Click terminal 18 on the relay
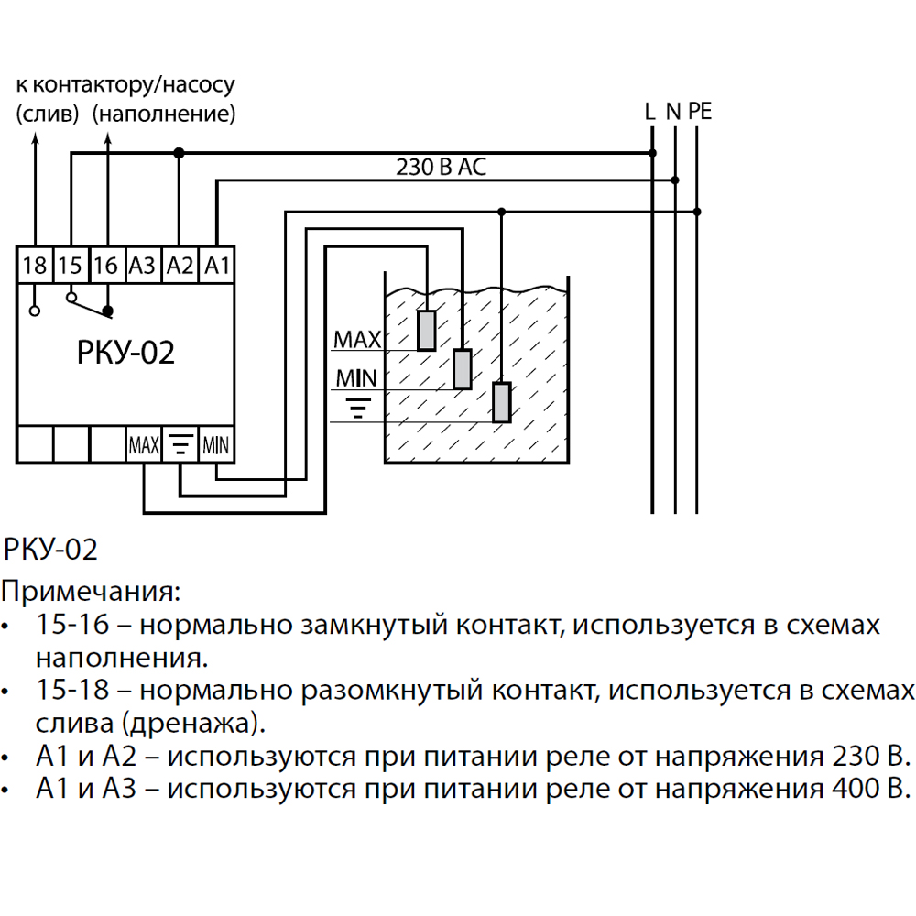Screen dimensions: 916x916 (x=35, y=266)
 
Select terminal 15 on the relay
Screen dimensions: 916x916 (x=71, y=266)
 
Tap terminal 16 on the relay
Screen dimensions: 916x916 (x=107, y=266)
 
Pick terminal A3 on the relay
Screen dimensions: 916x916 (x=143, y=266)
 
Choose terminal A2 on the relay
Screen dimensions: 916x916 (x=180, y=266)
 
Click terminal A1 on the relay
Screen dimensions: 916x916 (x=217, y=266)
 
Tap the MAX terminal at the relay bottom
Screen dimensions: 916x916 (x=144, y=445)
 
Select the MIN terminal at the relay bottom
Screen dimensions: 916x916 (x=216, y=445)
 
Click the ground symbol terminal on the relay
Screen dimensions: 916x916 (x=180, y=445)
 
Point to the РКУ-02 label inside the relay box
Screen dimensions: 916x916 (x=125, y=353)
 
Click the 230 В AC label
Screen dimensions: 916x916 (x=442, y=167)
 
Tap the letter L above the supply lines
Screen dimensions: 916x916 (x=649, y=111)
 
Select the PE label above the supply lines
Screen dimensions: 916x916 (x=700, y=111)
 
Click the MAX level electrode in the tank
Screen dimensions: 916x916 (x=427, y=331)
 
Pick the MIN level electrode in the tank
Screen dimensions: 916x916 (x=463, y=369)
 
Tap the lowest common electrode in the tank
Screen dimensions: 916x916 (x=502, y=402)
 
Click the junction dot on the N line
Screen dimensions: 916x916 (x=675, y=180)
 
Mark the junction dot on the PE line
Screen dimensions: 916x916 (x=697, y=212)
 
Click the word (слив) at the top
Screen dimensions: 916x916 (x=48, y=114)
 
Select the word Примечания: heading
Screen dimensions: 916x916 (x=91, y=592)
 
